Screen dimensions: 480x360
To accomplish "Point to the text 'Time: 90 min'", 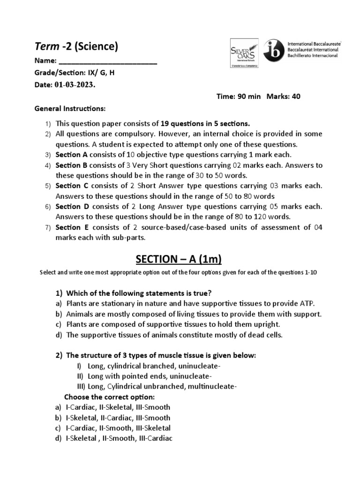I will point(239,97).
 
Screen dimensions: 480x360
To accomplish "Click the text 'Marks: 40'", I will point(284,97).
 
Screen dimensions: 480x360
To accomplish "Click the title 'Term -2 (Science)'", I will point(76,46).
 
